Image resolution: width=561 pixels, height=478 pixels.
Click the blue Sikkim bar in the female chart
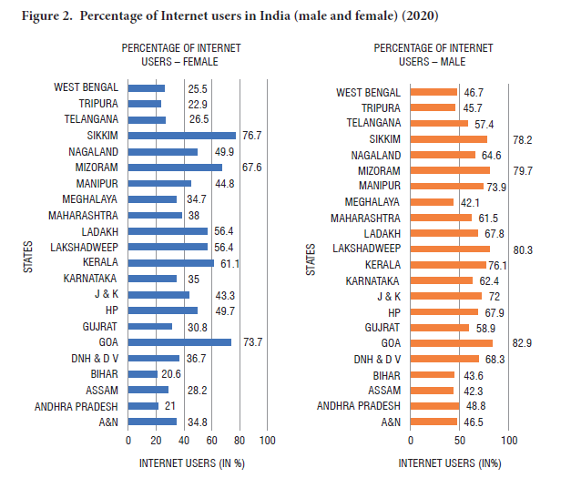tap(181, 136)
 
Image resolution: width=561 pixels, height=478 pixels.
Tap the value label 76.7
tap(252, 136)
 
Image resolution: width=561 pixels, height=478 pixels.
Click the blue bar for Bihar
tap(142, 374)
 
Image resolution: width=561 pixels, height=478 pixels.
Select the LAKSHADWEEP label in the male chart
tap(366, 247)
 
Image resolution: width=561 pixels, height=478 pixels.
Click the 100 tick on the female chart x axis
tap(268, 441)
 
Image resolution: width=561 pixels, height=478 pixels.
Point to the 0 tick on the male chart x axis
tap(412, 441)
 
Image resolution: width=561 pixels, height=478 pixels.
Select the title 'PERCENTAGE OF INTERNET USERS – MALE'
tap(433, 54)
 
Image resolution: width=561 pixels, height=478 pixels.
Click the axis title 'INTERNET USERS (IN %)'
tap(192, 463)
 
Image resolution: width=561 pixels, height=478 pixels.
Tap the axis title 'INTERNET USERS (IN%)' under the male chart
tap(449, 463)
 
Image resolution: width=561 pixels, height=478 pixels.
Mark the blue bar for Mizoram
tap(175, 168)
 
